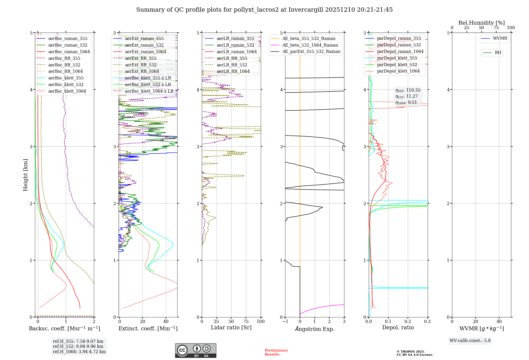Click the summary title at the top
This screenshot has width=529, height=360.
[x=264, y=10]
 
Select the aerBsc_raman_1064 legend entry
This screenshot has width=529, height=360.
[x=69, y=52]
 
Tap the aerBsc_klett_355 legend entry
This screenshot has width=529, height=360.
[x=66, y=78]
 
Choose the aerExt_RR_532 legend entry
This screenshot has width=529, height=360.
[x=140, y=65]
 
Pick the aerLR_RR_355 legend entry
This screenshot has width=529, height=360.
[x=232, y=58]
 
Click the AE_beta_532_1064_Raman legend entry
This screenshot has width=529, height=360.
[x=310, y=45]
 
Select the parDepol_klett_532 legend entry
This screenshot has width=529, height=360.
[x=397, y=65]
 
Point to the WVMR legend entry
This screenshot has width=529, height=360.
[x=500, y=38]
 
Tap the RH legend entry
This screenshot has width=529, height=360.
[x=498, y=53]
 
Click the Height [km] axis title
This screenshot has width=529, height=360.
[x=25, y=175]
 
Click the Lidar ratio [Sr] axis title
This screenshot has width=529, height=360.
[x=231, y=327]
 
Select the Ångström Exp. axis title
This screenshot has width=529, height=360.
[x=314, y=329]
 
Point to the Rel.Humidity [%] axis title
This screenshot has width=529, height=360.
[x=481, y=23]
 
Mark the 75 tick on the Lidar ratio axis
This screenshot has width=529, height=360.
[x=246, y=321]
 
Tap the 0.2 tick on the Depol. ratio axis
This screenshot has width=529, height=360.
[x=408, y=321]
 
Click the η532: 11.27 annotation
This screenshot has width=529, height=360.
[x=407, y=96]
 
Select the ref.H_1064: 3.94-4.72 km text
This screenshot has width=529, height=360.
[x=79, y=352]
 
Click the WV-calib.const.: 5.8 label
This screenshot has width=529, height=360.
[x=470, y=341]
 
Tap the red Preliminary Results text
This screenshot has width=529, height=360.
[x=276, y=352]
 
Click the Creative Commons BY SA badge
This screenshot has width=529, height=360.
[x=195, y=350]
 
